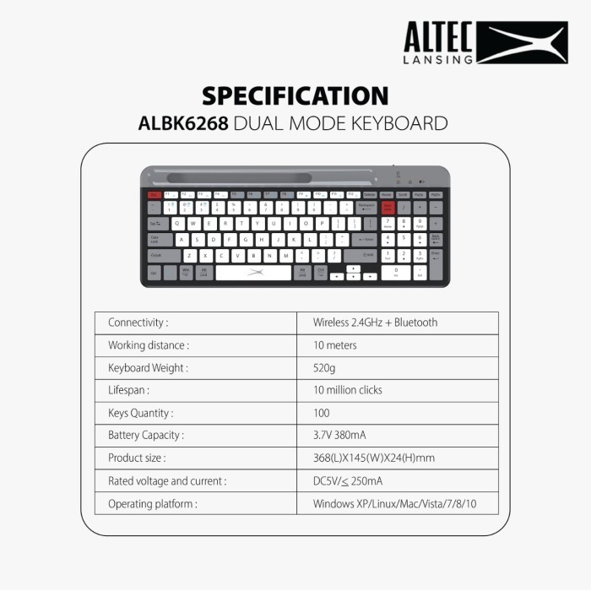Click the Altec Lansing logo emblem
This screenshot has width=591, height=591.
point(521,43)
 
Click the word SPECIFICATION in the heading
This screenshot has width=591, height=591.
point(295,95)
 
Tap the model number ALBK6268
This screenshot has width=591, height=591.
point(183,123)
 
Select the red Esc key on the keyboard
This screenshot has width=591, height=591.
point(155,194)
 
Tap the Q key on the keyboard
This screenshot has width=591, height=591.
point(178,224)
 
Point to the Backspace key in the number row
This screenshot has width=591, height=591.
point(366,207)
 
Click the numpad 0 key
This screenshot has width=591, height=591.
point(395,272)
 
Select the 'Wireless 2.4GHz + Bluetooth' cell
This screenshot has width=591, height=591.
point(375,323)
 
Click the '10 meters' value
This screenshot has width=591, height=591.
point(335,345)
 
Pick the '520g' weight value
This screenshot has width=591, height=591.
point(324,368)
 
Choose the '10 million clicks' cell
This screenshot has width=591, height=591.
point(347,390)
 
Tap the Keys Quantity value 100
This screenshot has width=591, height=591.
point(322,413)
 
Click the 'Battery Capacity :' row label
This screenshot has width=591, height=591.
point(146,436)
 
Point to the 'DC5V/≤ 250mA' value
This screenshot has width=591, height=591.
point(347,481)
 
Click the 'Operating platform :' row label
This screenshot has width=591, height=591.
point(153,504)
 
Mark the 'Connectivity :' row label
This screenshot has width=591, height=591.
point(138,323)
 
